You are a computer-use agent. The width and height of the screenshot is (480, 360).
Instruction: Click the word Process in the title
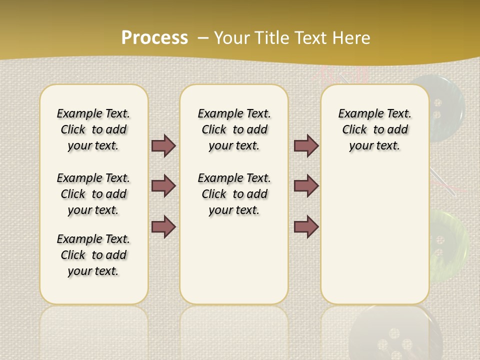pos(154,37)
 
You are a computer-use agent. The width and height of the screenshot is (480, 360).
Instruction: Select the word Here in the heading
pos(350,37)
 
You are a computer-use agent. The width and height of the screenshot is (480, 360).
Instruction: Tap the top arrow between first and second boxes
pos(163,146)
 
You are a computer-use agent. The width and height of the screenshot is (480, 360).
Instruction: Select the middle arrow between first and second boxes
pos(163,186)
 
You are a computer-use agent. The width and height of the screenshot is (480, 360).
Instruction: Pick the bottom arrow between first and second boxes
pos(163,226)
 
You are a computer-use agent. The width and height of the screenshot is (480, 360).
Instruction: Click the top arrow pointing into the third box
pos(306,146)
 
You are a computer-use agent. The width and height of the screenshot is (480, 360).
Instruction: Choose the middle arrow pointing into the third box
pos(306,186)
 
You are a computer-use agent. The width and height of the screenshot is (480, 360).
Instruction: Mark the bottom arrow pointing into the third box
pos(306,226)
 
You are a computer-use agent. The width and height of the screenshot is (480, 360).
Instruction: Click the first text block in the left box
pos(93,129)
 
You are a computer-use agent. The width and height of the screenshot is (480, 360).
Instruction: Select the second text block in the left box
pos(93,194)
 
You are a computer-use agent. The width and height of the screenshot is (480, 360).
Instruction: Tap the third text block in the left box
pos(93,255)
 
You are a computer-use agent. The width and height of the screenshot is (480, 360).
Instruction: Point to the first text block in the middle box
pos(234,129)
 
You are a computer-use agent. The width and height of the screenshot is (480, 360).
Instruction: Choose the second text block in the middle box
pos(234,194)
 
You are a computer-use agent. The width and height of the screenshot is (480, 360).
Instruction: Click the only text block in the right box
pos(375,129)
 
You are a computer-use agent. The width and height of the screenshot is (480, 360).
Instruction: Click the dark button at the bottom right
pos(395,332)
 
